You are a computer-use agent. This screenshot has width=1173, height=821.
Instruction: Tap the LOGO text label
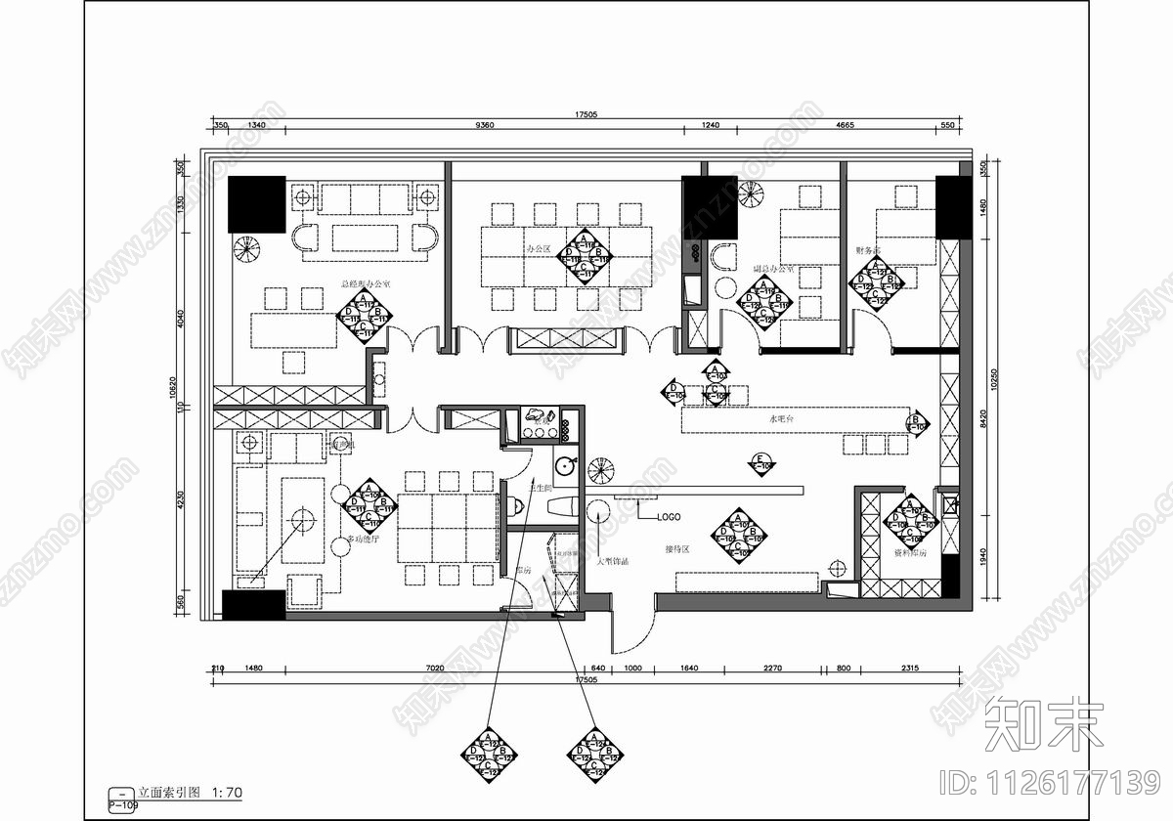coord(668,516)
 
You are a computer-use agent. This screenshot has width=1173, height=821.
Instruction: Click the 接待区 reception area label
coord(677,549)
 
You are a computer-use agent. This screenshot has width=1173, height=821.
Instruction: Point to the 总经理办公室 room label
coord(365,284)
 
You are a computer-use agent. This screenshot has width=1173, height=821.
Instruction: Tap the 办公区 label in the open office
coord(538,249)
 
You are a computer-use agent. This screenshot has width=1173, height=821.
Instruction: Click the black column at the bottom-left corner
coord(253,605)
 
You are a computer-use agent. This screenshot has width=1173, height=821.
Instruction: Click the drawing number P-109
coord(122,805)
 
